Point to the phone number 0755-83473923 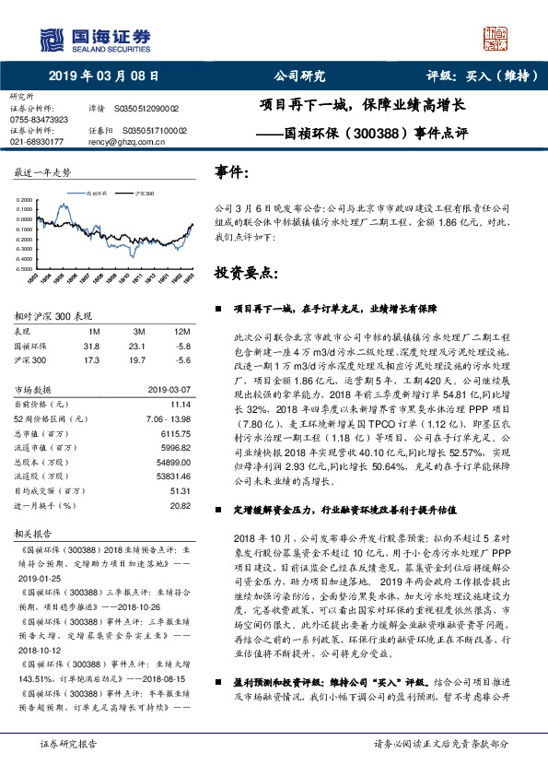point(39,120)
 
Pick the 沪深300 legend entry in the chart point(143,195)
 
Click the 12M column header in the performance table point(182,331)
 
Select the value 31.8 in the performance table point(91,347)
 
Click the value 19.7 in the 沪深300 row point(139,360)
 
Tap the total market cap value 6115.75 point(176,432)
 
